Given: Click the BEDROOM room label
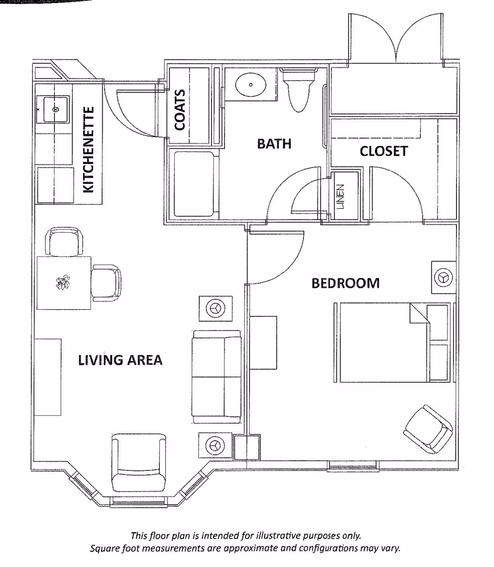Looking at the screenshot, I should [x=345, y=283].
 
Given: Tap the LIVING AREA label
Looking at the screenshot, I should [x=120, y=360].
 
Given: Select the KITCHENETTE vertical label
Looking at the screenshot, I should [x=89, y=150].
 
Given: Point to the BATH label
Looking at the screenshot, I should [x=274, y=144].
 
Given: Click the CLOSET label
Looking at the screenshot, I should [x=383, y=151].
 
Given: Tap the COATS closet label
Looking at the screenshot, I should [x=179, y=110].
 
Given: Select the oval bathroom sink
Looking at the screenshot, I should [x=250, y=85].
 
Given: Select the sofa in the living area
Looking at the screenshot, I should [x=217, y=376].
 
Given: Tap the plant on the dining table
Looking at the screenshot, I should [x=63, y=283].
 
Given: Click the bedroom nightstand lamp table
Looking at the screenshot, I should [x=443, y=277].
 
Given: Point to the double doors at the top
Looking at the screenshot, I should [x=396, y=39].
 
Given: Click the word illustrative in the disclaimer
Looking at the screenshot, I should [x=279, y=536].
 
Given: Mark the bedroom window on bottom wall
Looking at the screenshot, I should [x=352, y=467].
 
